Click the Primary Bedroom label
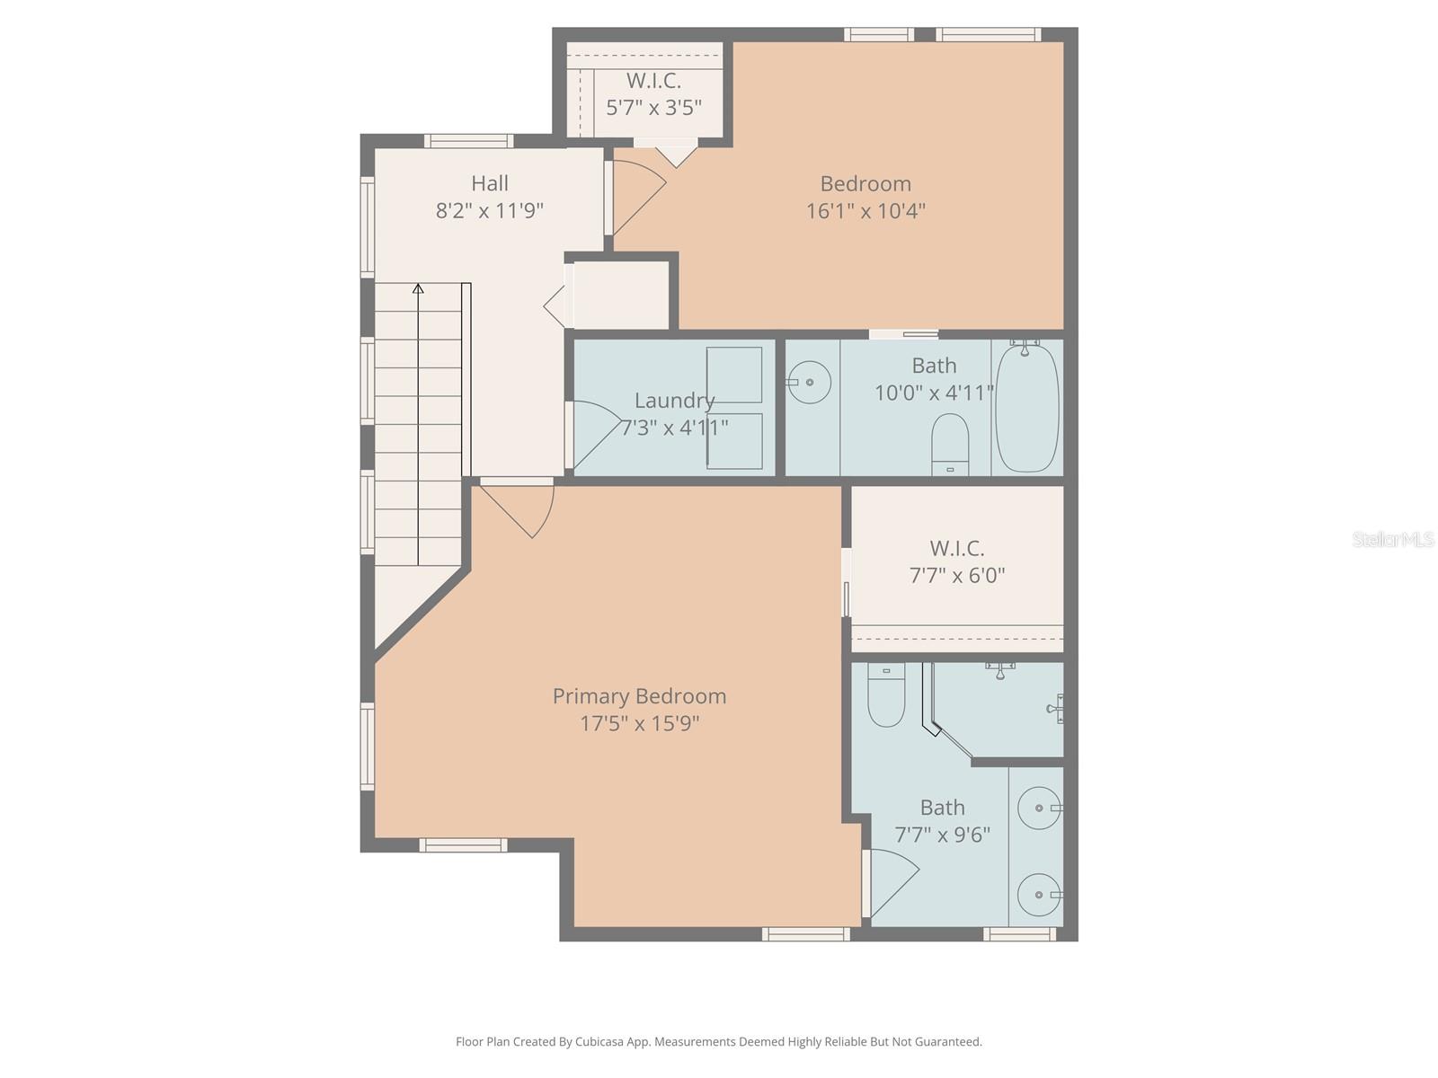pos(639,696)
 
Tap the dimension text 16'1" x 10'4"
pos(865,211)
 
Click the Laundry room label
pos(674,401)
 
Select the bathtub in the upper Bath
pos(1026,406)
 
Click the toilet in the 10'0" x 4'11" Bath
pos(950,442)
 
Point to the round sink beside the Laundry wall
pos(809,382)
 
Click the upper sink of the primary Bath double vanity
pos(1039,808)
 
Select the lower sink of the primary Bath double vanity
pos(1039,895)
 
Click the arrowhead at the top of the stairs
pos(418,288)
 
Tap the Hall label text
pos(490,183)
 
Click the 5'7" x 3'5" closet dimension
pos(653,109)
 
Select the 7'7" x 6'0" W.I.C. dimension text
pos(957,575)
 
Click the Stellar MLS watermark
pos(1392,539)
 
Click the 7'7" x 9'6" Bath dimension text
pos(942,835)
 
